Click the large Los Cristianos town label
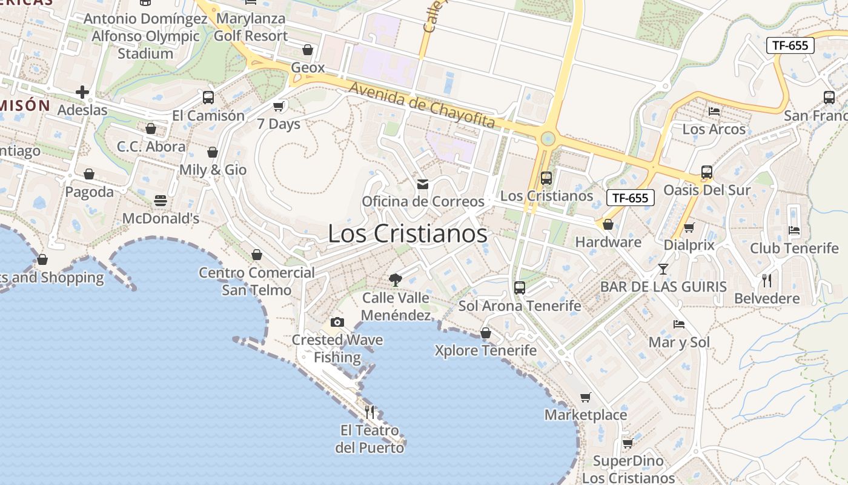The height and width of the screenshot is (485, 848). click(407, 234)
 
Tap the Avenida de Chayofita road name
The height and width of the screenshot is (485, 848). click(422, 105)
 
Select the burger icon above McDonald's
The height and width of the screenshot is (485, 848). click(161, 200)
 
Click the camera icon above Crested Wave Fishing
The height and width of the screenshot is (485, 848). click(337, 322)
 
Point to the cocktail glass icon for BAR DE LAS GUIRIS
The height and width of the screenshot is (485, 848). click(663, 269)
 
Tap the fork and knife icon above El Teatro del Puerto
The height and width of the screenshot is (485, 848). click(369, 412)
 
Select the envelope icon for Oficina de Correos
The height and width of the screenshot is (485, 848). click(423, 184)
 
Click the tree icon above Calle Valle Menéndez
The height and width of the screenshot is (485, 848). click(396, 279)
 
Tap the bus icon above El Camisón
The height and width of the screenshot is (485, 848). click(208, 97)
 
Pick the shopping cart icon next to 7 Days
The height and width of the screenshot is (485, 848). click(279, 106)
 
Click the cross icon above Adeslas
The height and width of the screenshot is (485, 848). click(82, 92)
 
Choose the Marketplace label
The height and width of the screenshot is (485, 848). click(586, 415)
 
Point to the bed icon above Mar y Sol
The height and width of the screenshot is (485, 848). click(679, 324)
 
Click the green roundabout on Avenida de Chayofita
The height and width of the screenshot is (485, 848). click(548, 139)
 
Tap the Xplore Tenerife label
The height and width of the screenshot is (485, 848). click(486, 350)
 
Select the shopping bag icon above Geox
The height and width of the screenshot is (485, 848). click(308, 50)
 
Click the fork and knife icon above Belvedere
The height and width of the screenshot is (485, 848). click(767, 280)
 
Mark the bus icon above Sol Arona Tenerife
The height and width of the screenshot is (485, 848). click(520, 288)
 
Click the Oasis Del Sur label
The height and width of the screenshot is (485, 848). click(707, 190)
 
